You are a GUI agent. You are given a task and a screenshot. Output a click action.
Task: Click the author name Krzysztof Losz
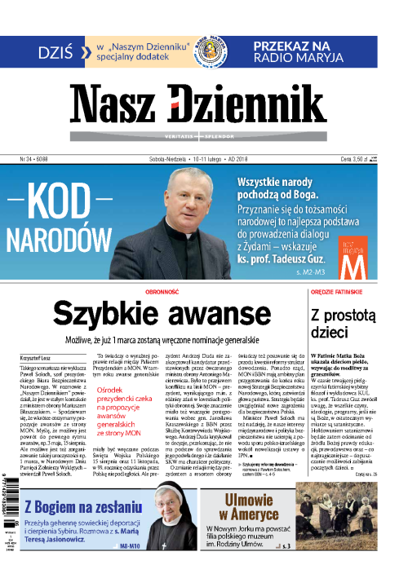(x=34, y=358)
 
